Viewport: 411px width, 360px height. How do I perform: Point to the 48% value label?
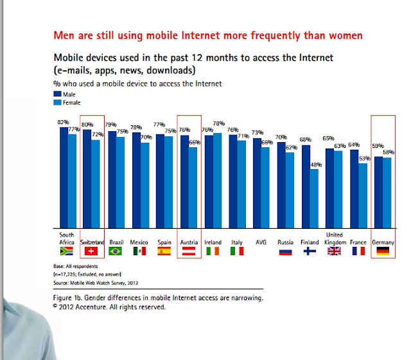(x=316, y=165)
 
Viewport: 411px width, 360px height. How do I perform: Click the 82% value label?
(x=63, y=122)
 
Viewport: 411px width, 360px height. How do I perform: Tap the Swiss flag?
(x=90, y=251)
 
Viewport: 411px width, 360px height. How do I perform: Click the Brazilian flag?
(x=116, y=251)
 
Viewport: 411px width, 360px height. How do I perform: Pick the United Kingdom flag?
(x=333, y=251)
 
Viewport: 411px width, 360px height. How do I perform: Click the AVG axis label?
(x=261, y=242)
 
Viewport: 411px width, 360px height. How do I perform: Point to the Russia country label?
(x=286, y=242)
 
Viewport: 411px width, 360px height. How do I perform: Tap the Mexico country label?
(x=139, y=242)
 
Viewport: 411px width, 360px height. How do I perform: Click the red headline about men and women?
(x=207, y=34)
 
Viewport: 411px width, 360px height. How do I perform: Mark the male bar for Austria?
(x=185, y=181)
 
